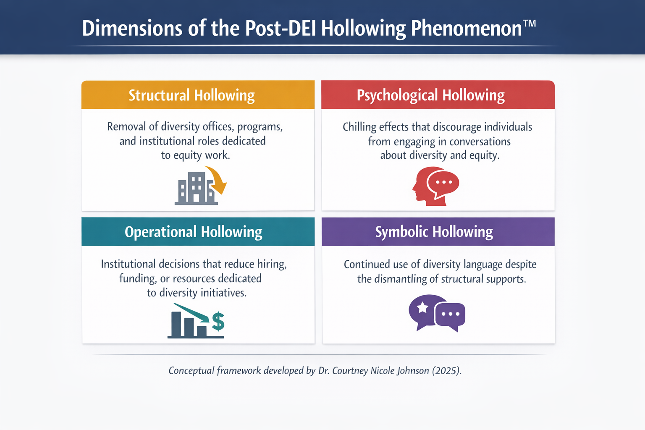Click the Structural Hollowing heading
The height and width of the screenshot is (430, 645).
[x=191, y=95]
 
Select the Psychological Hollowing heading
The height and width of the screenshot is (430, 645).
[x=430, y=95]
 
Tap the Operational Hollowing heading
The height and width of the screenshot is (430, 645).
[x=193, y=232]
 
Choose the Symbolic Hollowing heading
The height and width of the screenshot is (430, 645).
[x=434, y=232]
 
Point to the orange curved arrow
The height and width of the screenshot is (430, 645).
[x=218, y=179]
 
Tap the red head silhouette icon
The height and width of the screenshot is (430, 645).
[x=422, y=189]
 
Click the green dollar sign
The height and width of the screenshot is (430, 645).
[x=218, y=322]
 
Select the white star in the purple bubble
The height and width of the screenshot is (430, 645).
[x=422, y=308]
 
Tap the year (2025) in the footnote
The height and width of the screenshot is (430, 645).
[x=446, y=370]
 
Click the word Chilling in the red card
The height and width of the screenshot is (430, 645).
[x=359, y=127]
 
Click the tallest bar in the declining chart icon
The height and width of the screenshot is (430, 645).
[x=176, y=324]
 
